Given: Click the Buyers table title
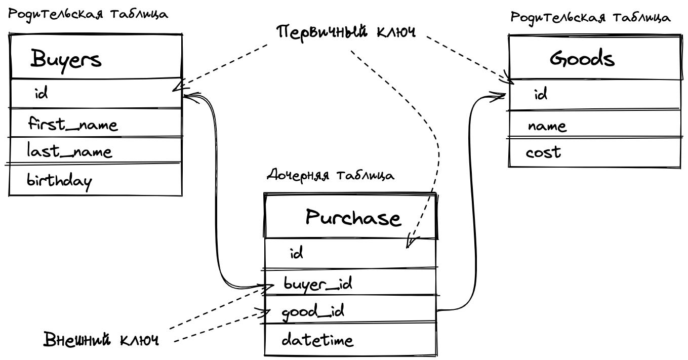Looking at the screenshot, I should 66,60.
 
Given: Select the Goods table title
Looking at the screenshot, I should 582,59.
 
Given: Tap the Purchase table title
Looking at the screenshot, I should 353,218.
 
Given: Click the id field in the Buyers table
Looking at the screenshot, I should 41,93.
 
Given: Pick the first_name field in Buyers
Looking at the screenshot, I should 72,124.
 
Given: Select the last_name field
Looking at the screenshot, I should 69,151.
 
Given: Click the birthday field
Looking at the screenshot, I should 59,181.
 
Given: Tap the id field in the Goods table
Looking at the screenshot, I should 541,94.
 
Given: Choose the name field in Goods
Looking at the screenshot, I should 547,126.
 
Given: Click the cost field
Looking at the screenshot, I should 543,152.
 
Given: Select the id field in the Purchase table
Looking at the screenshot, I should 296,253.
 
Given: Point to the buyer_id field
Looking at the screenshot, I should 317,284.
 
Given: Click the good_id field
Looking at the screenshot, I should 313,311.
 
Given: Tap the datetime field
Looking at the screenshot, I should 317,340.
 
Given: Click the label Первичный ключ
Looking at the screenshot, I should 346,32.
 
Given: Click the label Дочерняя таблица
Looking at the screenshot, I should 330,176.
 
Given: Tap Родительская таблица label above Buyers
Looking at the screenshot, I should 88,14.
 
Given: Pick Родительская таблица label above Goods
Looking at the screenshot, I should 590,18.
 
